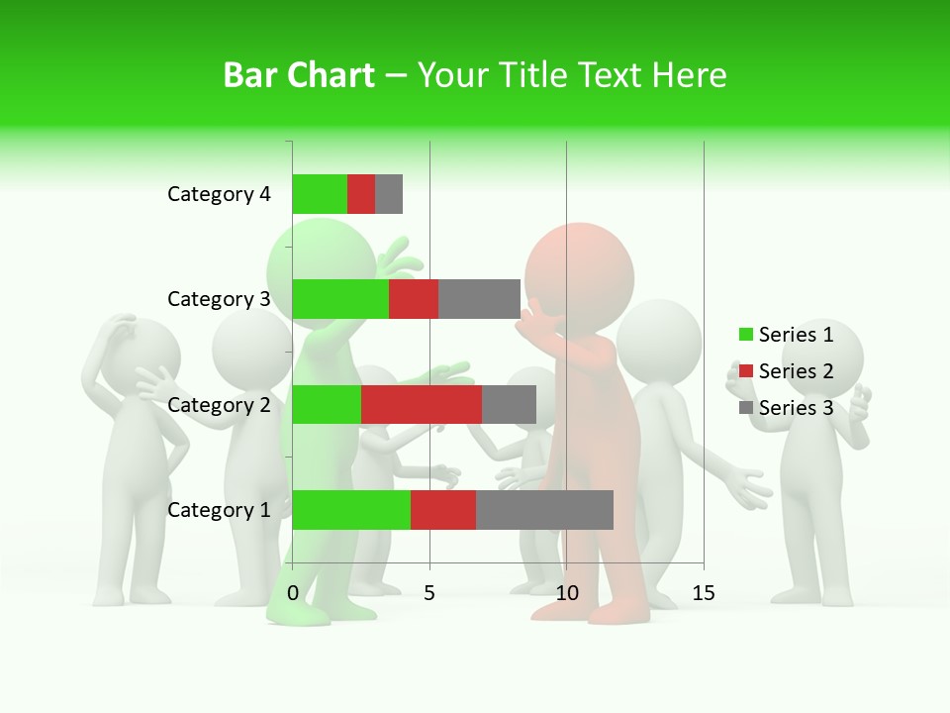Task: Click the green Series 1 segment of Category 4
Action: [x=320, y=194]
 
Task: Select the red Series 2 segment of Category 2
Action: [x=422, y=404]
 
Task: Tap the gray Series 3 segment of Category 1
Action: [x=544, y=510]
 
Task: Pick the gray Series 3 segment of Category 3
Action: [x=479, y=299]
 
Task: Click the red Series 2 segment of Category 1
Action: [x=443, y=510]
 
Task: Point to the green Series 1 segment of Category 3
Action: [x=340, y=299]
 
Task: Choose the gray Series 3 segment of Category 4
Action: [x=389, y=194]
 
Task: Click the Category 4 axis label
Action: [x=219, y=194]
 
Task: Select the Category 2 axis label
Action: [x=219, y=404]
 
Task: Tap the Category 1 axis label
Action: [x=219, y=510]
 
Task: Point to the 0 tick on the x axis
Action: [x=293, y=593]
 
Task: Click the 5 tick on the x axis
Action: [x=429, y=593]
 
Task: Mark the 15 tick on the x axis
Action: [x=703, y=593]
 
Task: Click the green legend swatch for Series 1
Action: [x=745, y=335]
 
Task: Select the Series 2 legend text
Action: [x=796, y=371]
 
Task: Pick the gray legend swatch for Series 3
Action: [x=745, y=408]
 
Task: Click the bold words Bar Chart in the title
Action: [x=299, y=75]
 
